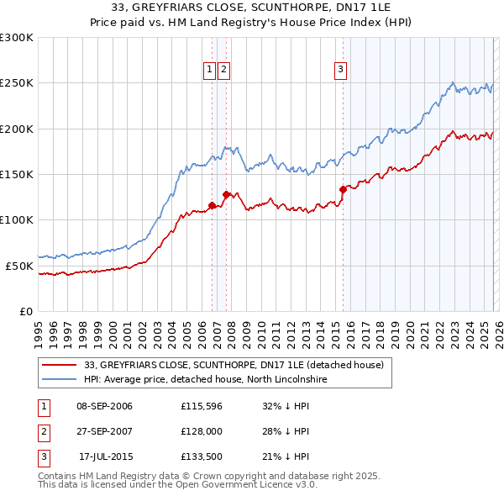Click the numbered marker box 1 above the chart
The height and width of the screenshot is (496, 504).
pos(210,70)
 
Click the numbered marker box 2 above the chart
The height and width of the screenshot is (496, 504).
pos(224,70)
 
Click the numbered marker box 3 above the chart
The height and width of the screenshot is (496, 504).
pos(341,70)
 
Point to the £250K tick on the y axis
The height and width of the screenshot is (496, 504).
pos(17,83)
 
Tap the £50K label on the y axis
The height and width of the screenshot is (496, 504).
pos(19,266)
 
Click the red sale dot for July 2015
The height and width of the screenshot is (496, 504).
pos(343,189)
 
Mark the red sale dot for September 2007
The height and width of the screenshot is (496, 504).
pos(227,194)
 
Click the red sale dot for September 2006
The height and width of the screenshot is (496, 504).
pos(212,205)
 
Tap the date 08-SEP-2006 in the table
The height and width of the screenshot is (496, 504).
pos(104,407)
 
